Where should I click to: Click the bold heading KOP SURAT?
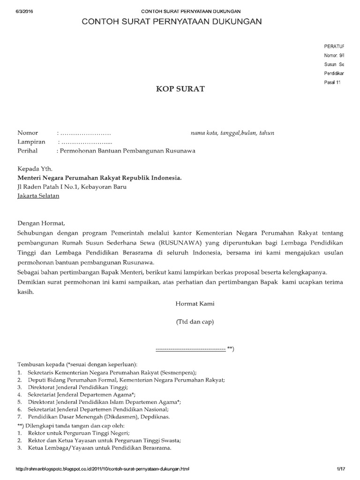(180, 89)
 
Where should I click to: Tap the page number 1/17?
(340, 469)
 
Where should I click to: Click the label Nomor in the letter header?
(28, 133)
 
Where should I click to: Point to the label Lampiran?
(31, 142)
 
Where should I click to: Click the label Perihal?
(29, 151)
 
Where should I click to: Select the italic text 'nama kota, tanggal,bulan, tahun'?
(232, 133)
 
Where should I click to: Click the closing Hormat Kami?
(195, 304)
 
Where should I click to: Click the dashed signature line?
(190, 349)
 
